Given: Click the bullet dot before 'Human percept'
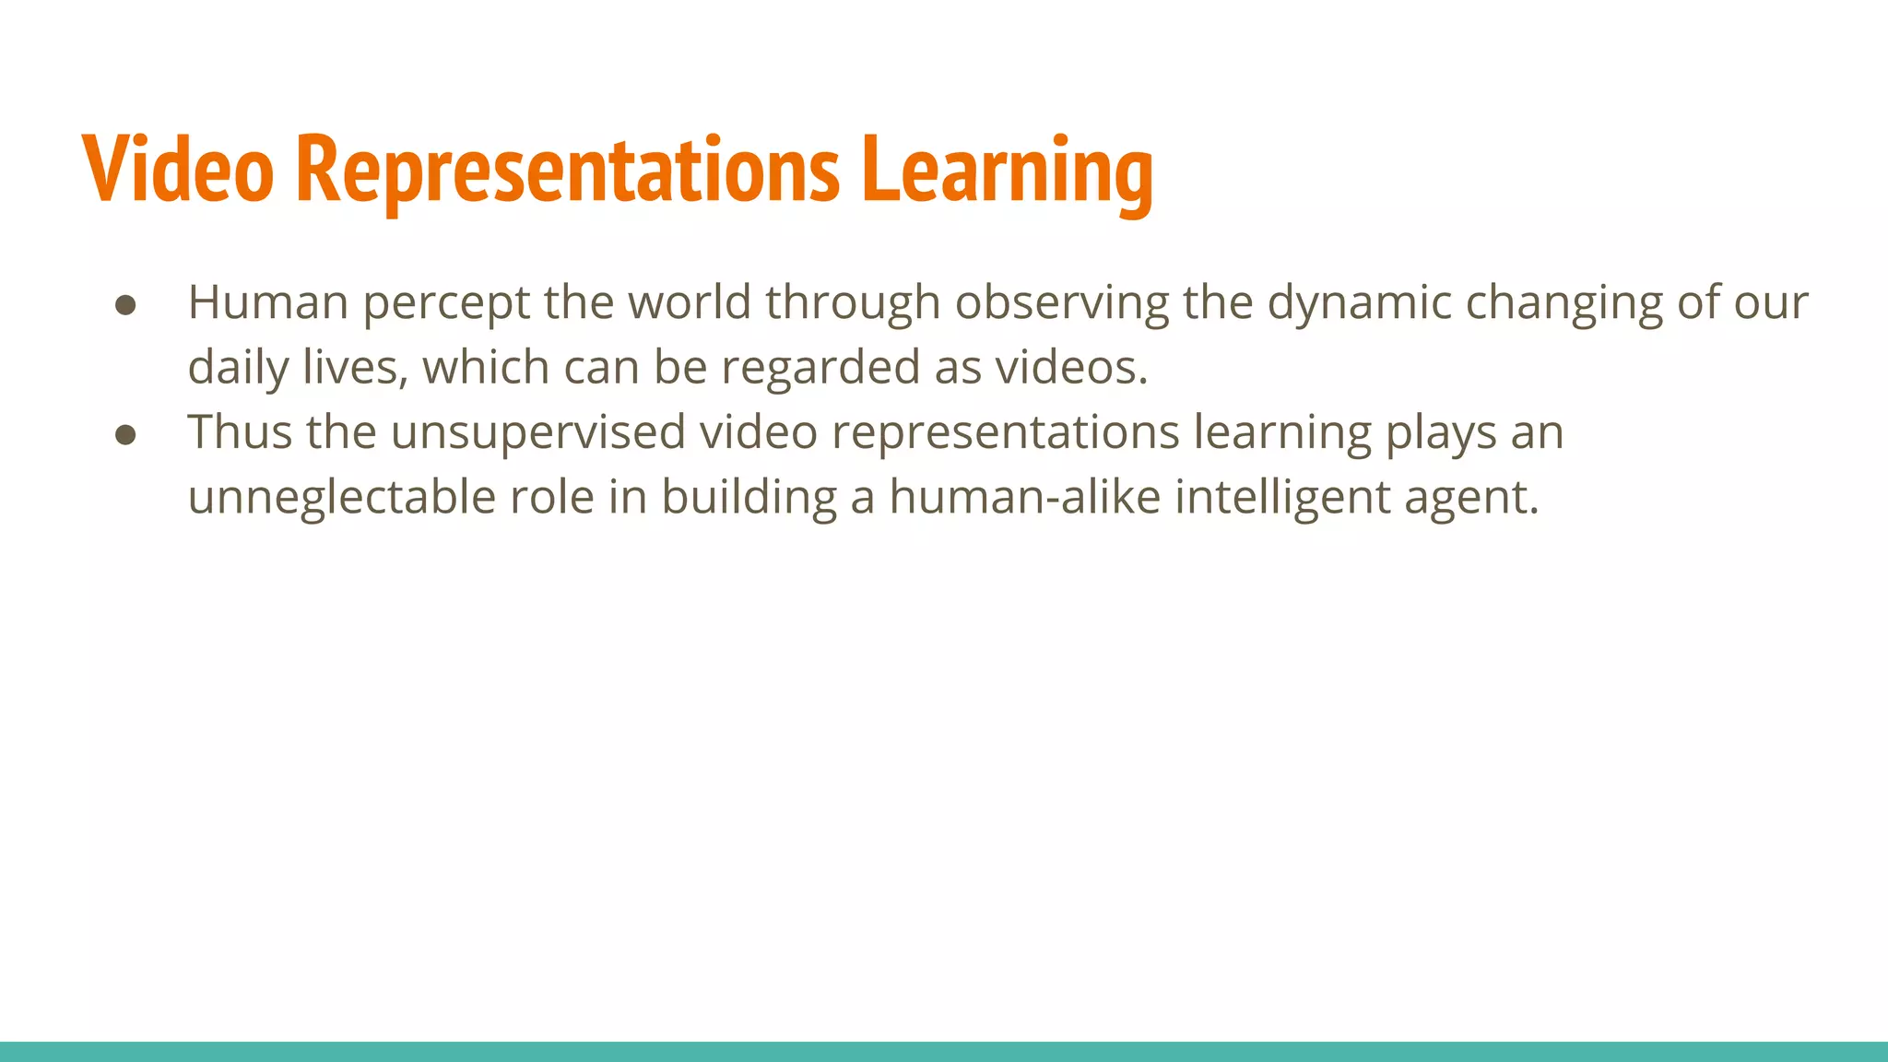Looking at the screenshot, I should pos(126,305).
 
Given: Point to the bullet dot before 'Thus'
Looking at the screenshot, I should pos(126,435).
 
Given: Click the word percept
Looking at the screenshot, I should pos(446,303).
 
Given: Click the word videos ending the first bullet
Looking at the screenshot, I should pos(1070,367).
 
